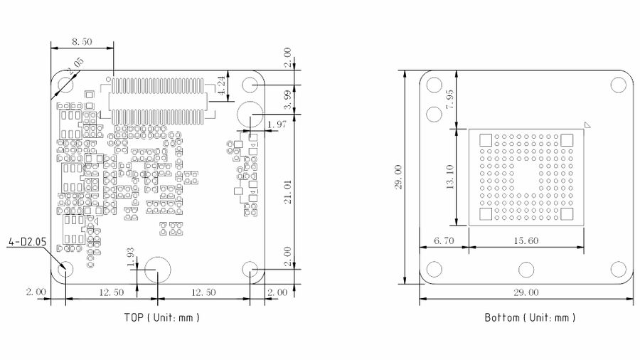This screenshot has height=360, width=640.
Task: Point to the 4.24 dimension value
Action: click(x=221, y=86)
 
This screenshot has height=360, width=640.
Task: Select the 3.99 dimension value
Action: click(x=287, y=100)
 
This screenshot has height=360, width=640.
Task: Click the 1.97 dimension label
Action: click(x=275, y=125)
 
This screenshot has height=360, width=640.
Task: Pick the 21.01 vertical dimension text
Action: click(x=287, y=193)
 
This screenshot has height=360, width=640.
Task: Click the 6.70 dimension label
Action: click(x=443, y=240)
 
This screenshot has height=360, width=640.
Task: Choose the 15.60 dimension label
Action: click(x=524, y=240)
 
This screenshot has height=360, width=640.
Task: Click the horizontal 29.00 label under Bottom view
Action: click(x=525, y=292)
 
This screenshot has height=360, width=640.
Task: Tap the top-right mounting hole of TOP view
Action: click(x=250, y=85)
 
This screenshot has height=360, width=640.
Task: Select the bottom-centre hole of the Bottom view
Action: click(x=526, y=270)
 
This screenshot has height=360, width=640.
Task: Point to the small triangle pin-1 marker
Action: click(x=587, y=125)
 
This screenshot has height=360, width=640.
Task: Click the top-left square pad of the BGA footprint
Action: click(x=486, y=139)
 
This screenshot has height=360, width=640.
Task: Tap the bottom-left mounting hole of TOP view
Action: click(x=65, y=270)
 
